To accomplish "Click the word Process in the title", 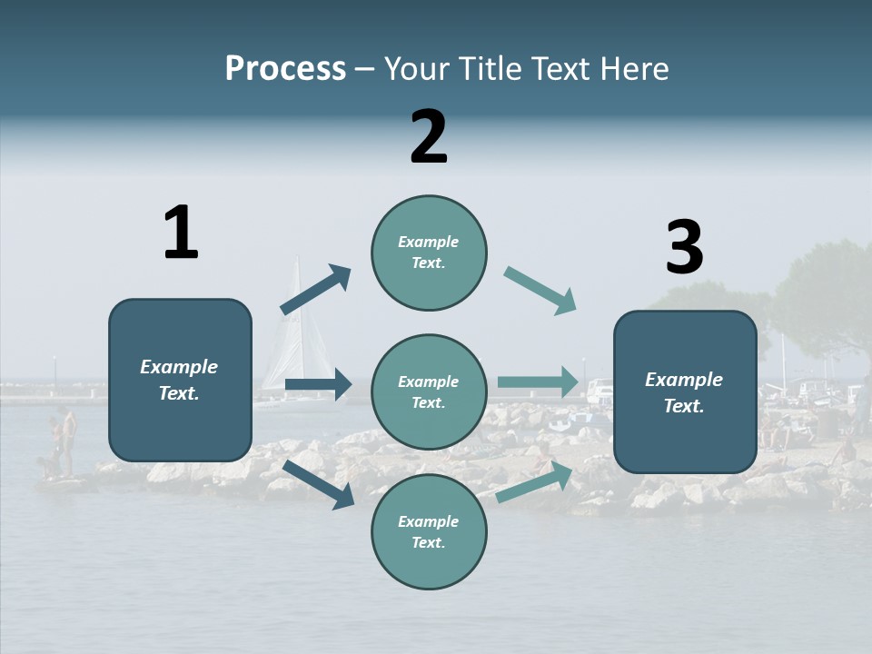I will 285,69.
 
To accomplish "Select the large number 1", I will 181,233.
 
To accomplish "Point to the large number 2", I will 429,137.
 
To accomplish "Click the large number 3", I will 684,248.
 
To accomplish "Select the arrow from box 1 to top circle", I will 315,289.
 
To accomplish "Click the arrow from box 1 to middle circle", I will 318,384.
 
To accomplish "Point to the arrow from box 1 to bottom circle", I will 319,483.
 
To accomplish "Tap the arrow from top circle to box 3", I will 540,291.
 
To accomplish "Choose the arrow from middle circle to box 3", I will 538,381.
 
